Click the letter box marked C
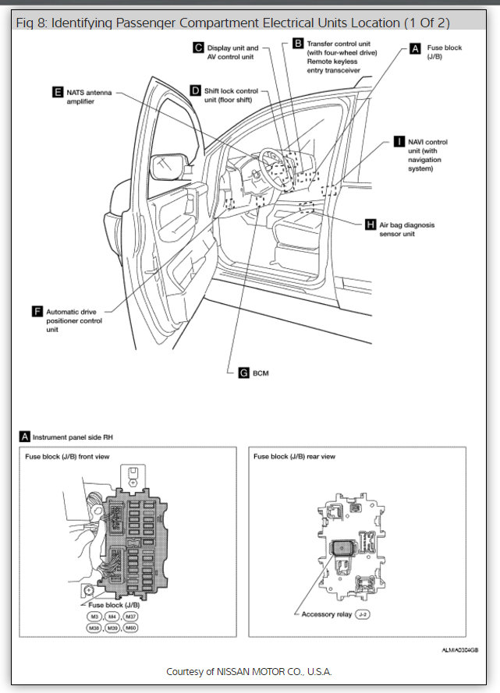click(199, 48)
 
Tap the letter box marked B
click(297, 44)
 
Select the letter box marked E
click(58, 92)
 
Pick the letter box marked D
click(195, 90)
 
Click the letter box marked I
click(399, 142)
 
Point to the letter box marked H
click(371, 225)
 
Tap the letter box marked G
click(243, 373)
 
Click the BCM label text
click(261, 373)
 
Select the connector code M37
click(130, 617)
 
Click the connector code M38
click(94, 628)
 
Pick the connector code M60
click(130, 628)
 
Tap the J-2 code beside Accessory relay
click(363, 614)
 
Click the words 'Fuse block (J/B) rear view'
click(294, 456)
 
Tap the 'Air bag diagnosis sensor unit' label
click(407, 228)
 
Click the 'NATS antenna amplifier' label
click(89, 97)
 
